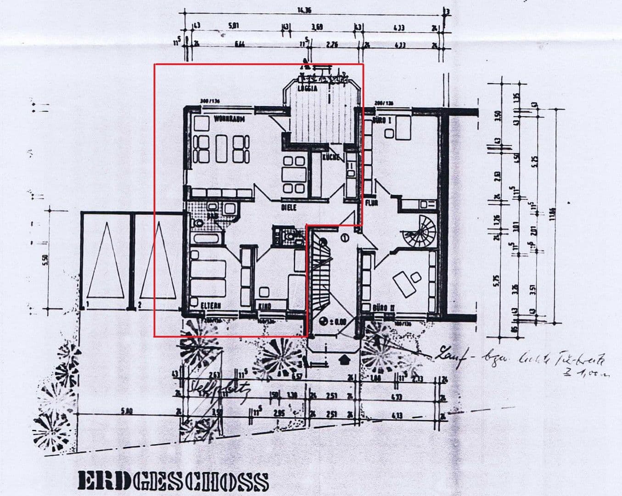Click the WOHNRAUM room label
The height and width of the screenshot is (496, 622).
coord(229,119)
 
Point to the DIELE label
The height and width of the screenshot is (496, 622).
coord(289,208)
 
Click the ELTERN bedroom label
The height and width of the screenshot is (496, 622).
coord(211,305)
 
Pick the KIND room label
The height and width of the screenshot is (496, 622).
coord(265,306)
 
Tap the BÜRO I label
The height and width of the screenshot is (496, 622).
coord(382,120)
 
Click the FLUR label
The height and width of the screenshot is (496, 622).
coord(371,203)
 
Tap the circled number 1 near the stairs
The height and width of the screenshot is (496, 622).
coord(345,237)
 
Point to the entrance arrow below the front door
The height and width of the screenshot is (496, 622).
coord(344,358)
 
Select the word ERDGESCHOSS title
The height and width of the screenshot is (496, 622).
coord(173,481)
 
